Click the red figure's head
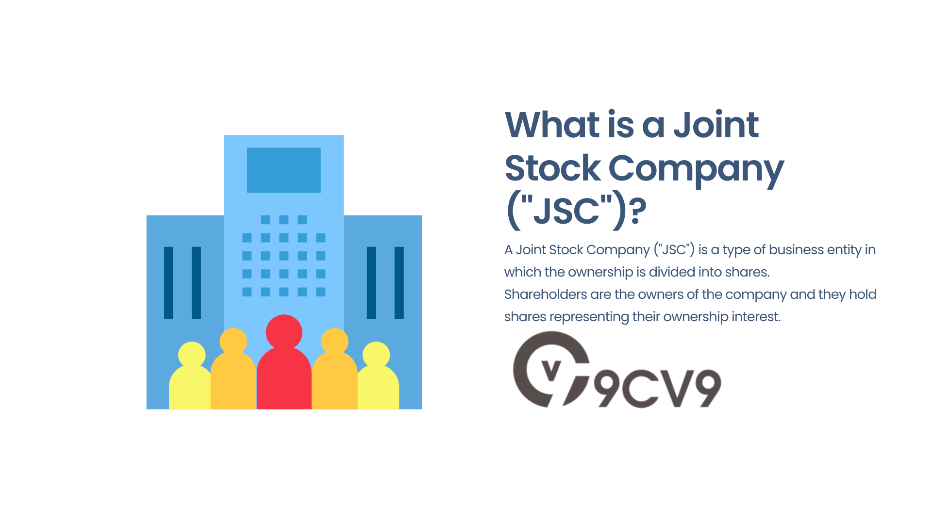pyautogui.click(x=284, y=332)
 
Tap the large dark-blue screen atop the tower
pyautogui.click(x=284, y=170)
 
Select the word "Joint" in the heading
pyautogui.click(x=716, y=125)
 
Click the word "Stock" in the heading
pyautogui.click(x=553, y=168)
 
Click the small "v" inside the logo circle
pyautogui.click(x=551, y=372)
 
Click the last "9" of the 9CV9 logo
pyautogui.click(x=704, y=388)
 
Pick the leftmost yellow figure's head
pyautogui.click(x=192, y=354)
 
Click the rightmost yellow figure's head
pyautogui.click(x=376, y=354)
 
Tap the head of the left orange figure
pyautogui.click(x=233, y=341)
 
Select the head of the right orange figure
pyautogui.click(x=334, y=341)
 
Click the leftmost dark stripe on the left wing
pyautogui.click(x=168, y=282)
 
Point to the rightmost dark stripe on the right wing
pyautogui.click(x=399, y=282)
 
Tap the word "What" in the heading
pyautogui.click(x=552, y=125)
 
